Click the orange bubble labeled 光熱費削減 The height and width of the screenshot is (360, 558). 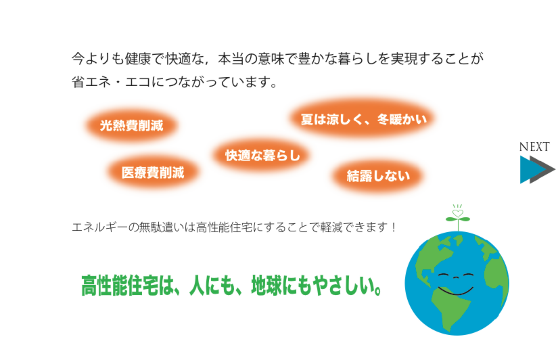pyautogui.click(x=131, y=125)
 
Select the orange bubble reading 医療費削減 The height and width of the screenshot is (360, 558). pyautogui.click(x=153, y=173)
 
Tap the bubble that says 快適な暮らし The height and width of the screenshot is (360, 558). pyautogui.click(x=262, y=155)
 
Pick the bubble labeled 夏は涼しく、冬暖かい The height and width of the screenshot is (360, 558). pyautogui.click(x=363, y=119)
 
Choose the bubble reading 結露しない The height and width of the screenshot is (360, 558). pyautogui.click(x=378, y=176)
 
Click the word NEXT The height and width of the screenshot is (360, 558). pyautogui.click(x=534, y=147)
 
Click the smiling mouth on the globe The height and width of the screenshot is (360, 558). pyautogui.click(x=456, y=291)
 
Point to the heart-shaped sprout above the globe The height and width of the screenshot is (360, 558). pyautogui.click(x=458, y=214)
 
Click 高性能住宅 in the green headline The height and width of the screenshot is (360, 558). pyautogui.click(x=119, y=286)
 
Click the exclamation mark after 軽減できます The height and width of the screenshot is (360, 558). pyautogui.click(x=393, y=227)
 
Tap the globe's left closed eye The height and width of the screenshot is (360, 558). pyautogui.click(x=444, y=275)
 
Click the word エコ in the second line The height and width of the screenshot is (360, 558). pyautogui.click(x=138, y=82)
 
